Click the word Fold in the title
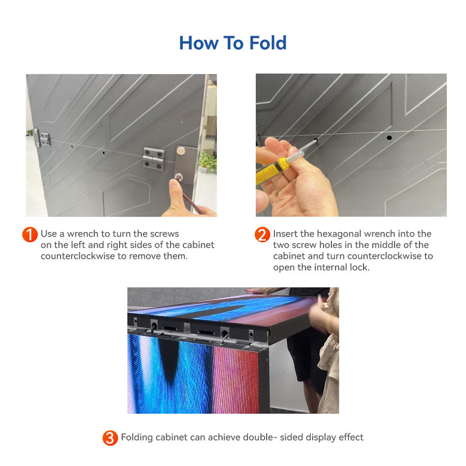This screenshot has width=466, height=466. point(268,43)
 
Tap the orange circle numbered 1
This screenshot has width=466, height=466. point(30,235)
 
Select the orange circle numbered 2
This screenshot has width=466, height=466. point(263,235)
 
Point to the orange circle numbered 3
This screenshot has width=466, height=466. point(110,438)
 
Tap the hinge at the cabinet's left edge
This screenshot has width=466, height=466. point(42,138)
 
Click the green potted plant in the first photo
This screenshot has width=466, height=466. point(208,162)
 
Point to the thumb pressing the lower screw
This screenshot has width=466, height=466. point(175,190)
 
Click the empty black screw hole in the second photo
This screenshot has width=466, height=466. point(389,138)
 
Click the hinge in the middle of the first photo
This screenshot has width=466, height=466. point(154,159)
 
